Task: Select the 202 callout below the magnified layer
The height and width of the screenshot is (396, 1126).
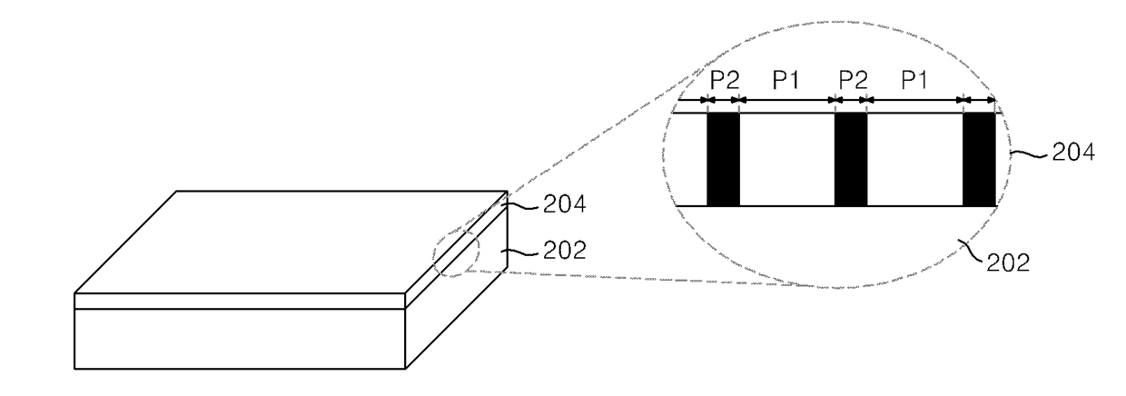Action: [x=1008, y=262]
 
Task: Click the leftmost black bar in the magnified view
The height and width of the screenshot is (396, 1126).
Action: [x=724, y=159]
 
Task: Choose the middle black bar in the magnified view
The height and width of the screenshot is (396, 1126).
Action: [x=851, y=159]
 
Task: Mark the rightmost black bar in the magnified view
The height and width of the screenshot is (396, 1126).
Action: [x=979, y=159]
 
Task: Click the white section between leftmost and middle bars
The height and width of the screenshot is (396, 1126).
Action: [x=787, y=159]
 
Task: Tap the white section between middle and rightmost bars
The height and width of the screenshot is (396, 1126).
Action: [x=914, y=159]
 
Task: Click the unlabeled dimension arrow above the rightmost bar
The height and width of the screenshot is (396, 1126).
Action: [x=979, y=100]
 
